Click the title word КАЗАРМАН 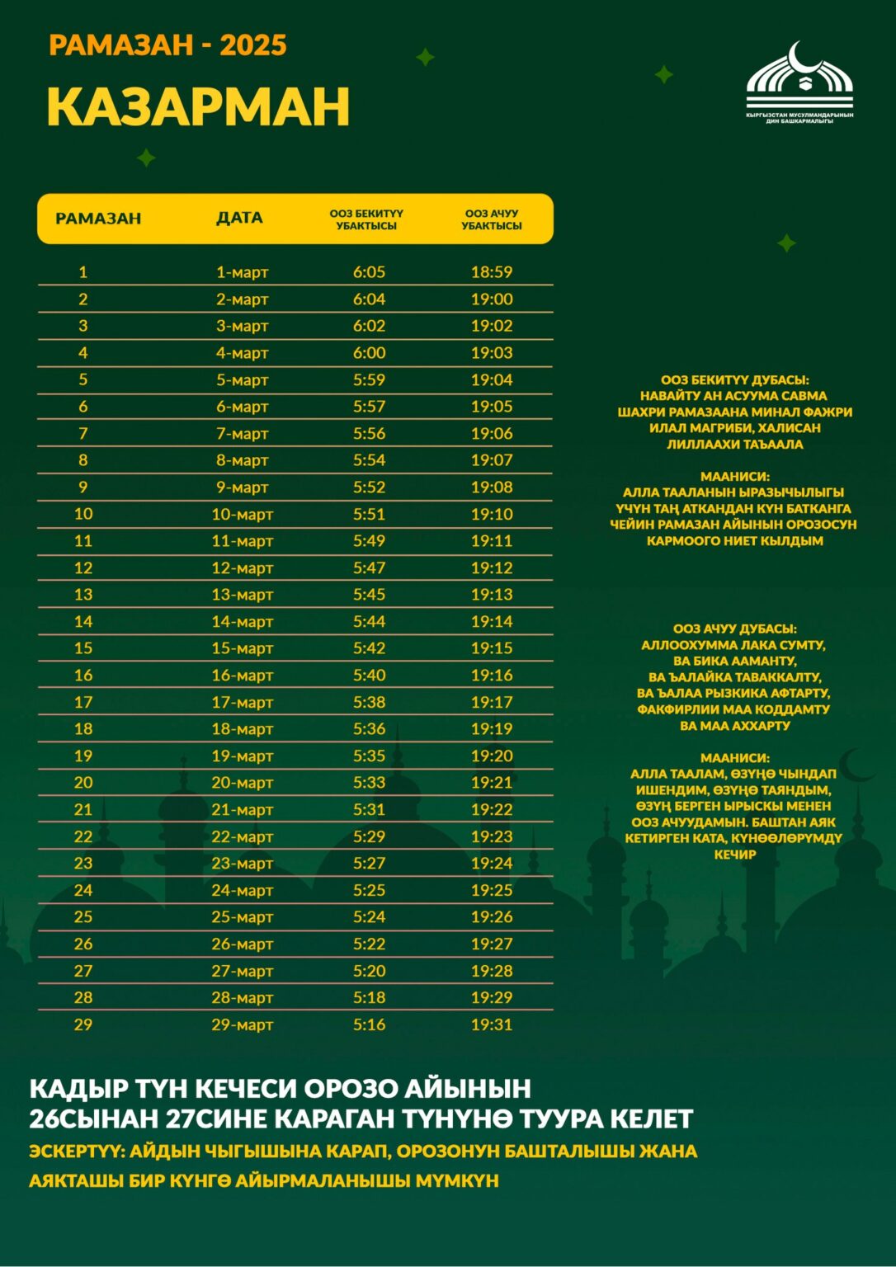coord(198,106)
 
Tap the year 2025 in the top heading coord(253,45)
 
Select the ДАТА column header coord(239,218)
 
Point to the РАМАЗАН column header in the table coord(98,219)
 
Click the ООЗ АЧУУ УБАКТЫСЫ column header coord(492,219)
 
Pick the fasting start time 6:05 coord(369,272)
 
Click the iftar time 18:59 coord(492,272)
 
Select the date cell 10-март coord(242,514)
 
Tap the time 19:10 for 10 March coord(492,514)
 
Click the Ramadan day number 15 coord(83,648)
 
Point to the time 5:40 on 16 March coord(369,675)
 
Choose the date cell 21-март coord(242,809)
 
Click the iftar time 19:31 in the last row coord(492,1024)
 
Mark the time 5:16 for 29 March coord(369,1024)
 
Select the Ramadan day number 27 coord(83,971)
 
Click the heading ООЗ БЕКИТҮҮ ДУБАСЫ coord(734,379)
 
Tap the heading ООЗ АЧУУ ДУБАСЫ coord(734,629)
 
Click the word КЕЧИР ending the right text coord(734,855)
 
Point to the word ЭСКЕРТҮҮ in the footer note coord(74,1151)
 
